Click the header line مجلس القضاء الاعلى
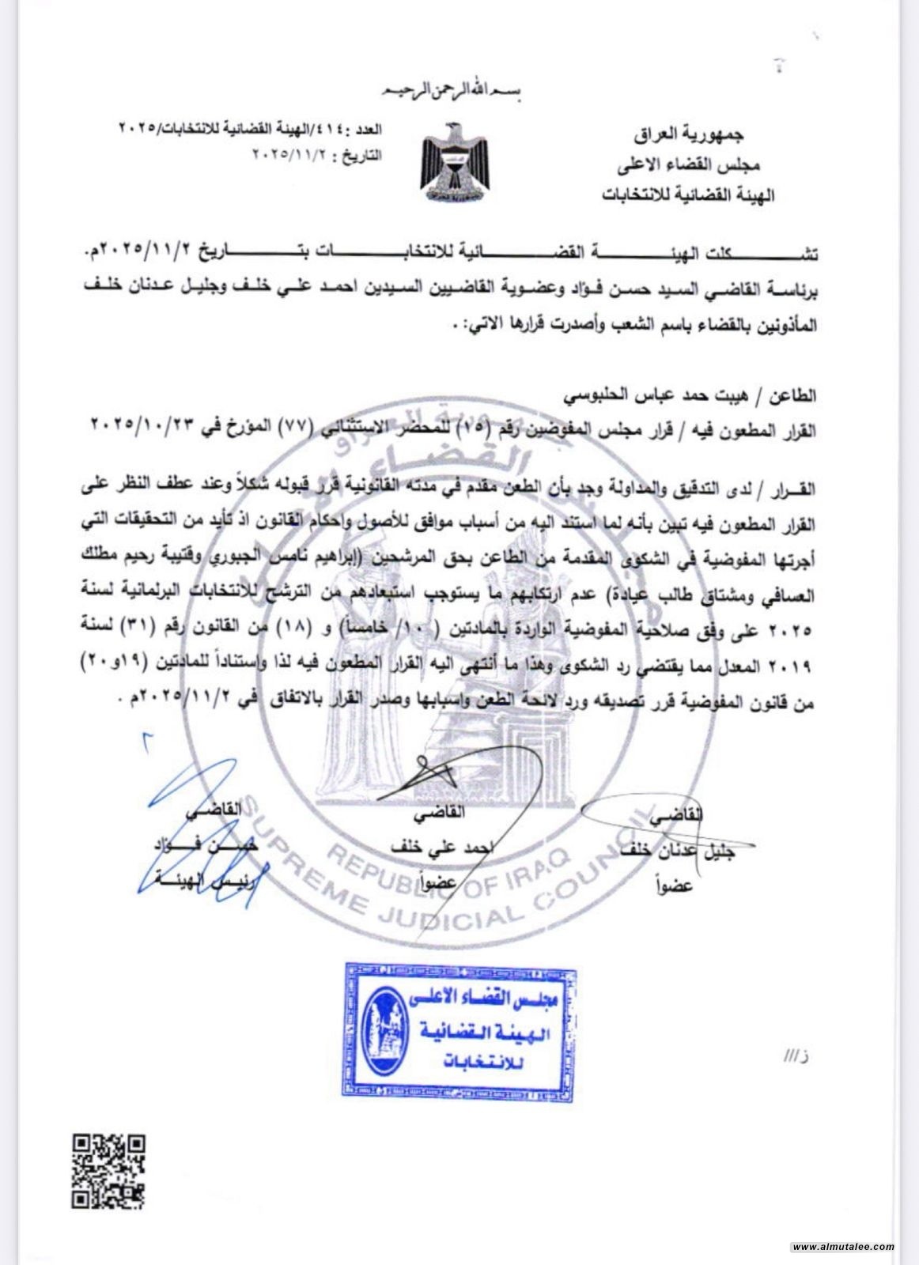click(x=687, y=164)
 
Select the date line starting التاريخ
click(x=316, y=155)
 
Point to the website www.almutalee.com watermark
click(x=842, y=1247)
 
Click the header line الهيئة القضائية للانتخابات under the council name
click(x=687, y=194)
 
